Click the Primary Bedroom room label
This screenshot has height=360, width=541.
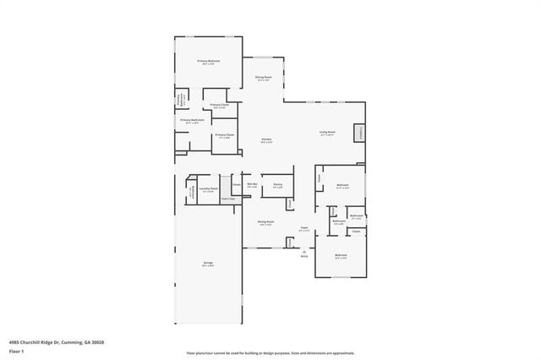pos(208,61)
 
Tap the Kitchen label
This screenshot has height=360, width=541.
pos(266,139)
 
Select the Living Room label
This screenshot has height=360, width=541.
pos(327,132)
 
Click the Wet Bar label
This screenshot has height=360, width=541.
pos(252,183)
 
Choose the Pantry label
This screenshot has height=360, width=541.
pos(277,183)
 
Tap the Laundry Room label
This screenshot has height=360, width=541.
pos(208,188)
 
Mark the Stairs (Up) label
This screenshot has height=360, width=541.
pos(227,199)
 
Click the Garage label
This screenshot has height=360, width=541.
pos(208,263)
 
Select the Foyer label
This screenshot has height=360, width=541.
pos(303,227)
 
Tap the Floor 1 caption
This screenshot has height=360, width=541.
pos(17,350)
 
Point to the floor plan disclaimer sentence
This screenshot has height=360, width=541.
pos(270,352)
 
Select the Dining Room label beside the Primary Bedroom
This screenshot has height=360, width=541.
pos(265,77)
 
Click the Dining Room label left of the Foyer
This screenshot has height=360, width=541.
pos(265,222)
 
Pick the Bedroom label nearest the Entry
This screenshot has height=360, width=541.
pos(340,255)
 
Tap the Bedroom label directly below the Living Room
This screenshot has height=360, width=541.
pos(342,184)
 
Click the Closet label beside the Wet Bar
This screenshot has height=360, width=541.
pos(236,184)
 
